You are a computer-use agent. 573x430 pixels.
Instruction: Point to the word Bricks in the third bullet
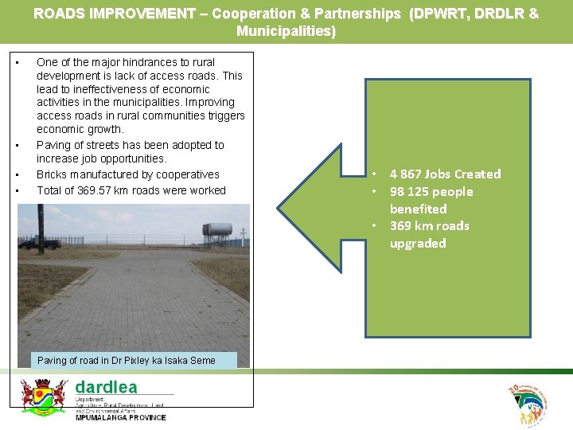[x=51, y=174]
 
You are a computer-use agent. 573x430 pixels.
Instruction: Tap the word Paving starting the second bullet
[x=53, y=145]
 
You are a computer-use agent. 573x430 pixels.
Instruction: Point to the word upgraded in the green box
[x=418, y=244]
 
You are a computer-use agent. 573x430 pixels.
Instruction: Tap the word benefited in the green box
[x=419, y=209]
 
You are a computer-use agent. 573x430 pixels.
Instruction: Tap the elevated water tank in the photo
[x=217, y=232]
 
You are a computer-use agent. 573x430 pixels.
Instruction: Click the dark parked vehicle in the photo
[x=39, y=243]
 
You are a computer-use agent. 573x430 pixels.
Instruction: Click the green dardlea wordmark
[x=106, y=387]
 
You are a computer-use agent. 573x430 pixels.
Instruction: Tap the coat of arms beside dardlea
[x=43, y=395]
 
